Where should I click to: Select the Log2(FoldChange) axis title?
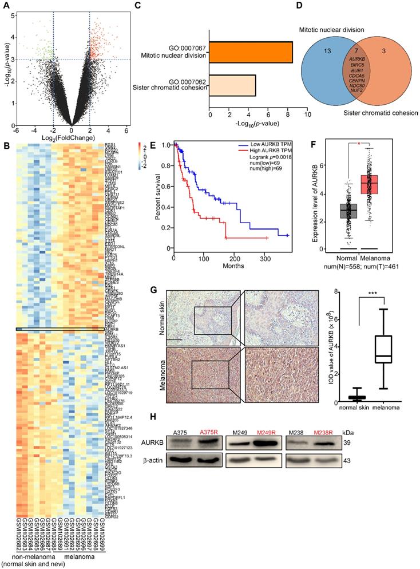(x=71, y=131)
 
